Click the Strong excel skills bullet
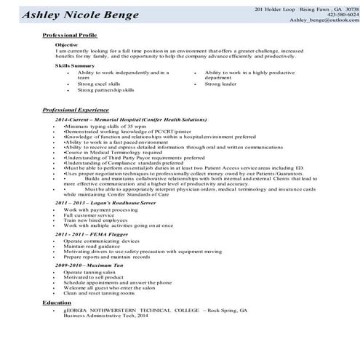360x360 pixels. pos(100,84)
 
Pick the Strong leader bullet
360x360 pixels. pos(220,84)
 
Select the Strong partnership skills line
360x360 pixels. pos(106,89)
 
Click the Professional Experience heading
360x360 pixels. pos(80,109)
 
